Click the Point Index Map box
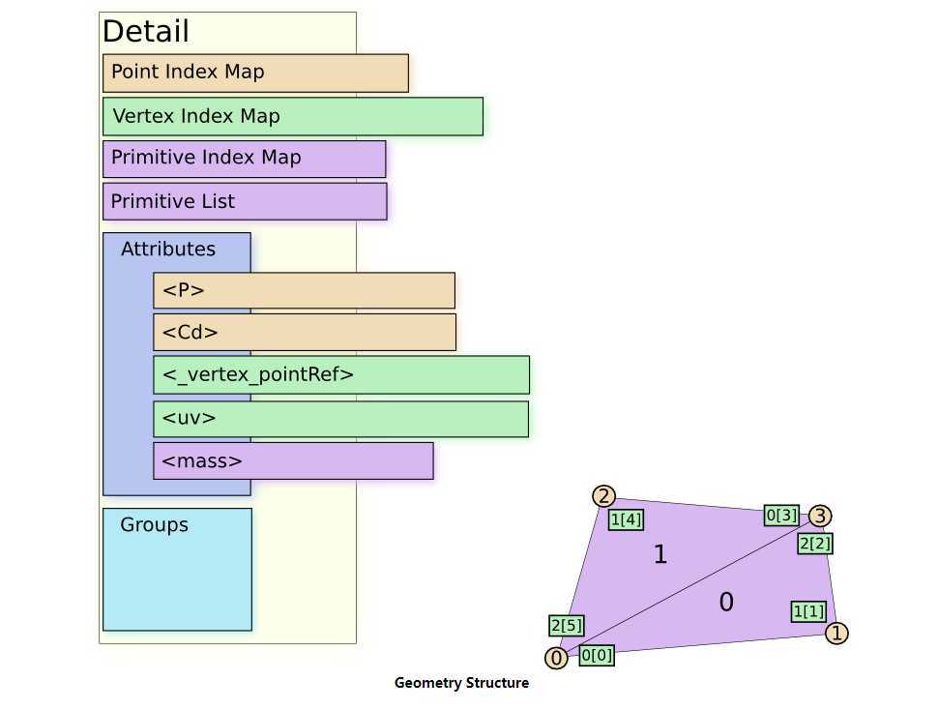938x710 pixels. click(255, 73)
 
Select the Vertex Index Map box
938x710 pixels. click(292, 116)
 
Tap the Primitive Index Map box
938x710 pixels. click(244, 159)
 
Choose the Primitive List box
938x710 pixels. click(244, 201)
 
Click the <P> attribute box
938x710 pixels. click(304, 290)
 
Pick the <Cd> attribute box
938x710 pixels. click(304, 332)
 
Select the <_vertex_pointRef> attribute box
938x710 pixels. click(340, 374)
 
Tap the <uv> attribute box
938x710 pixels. click(340, 419)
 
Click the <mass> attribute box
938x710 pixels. click(292, 460)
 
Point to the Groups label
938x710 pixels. click(154, 525)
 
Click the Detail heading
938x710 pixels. click(145, 31)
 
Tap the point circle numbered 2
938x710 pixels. click(604, 496)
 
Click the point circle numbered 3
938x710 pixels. click(820, 516)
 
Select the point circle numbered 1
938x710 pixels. click(837, 634)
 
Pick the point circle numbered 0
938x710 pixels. click(556, 659)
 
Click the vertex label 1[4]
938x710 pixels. click(626, 519)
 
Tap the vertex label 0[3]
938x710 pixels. click(781, 516)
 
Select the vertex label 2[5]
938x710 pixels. click(566, 625)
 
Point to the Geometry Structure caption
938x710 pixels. click(461, 683)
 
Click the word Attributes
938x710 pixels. click(168, 249)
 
